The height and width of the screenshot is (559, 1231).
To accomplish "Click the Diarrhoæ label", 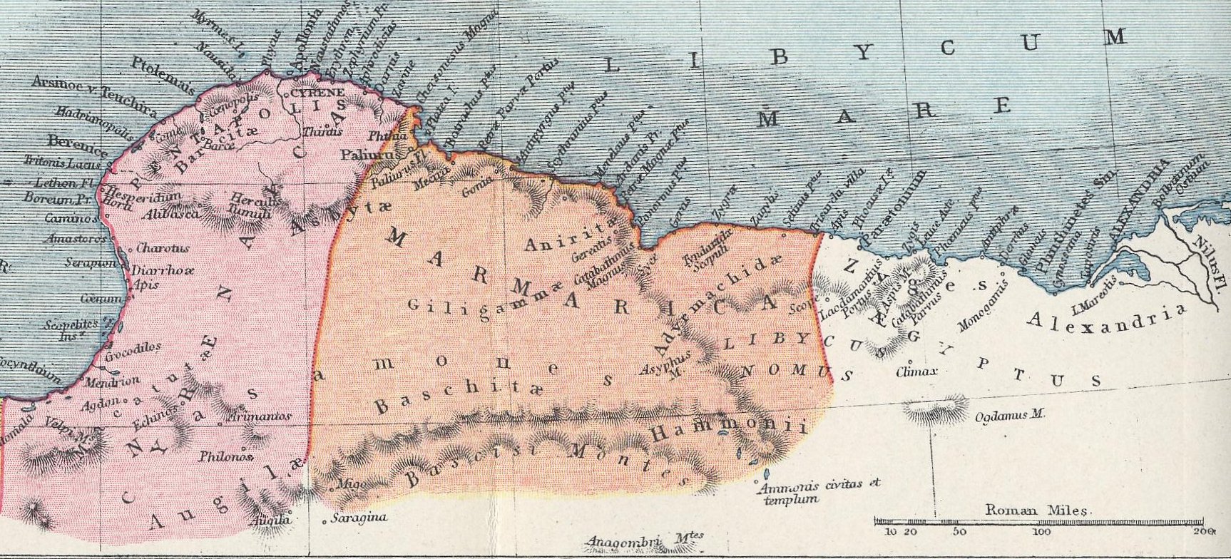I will [163, 272].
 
